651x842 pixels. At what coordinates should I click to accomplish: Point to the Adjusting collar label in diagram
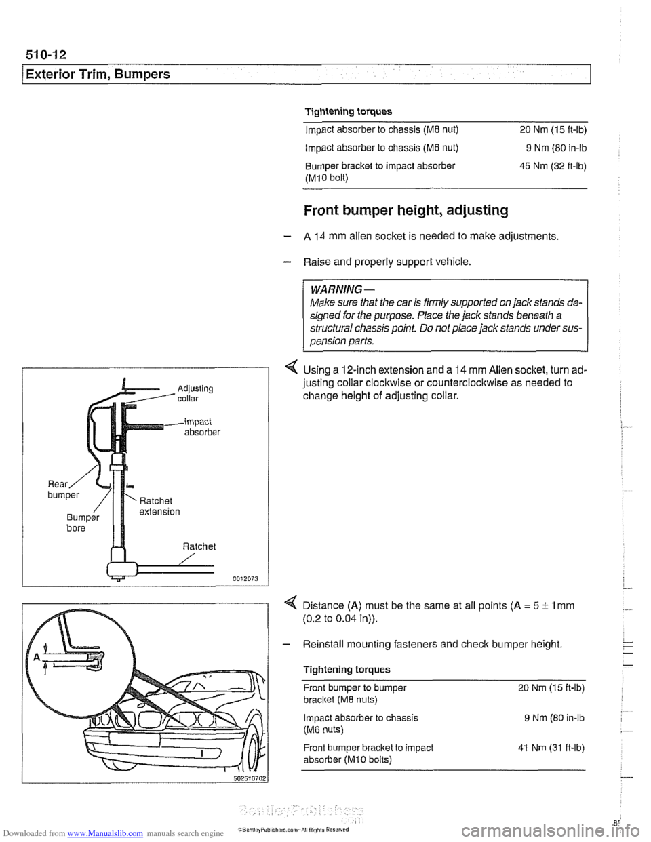click(x=195, y=393)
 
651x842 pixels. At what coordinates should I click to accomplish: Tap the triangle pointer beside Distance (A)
click(x=292, y=606)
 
